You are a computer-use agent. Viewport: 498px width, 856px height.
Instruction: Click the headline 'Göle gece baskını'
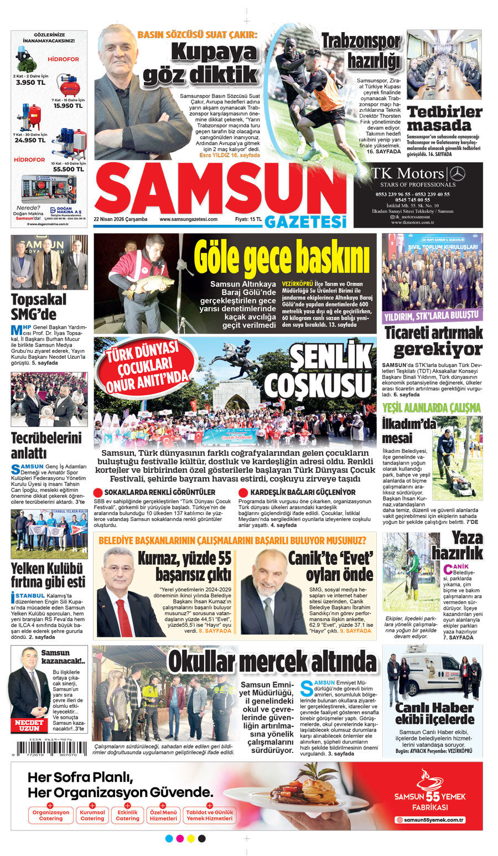282,257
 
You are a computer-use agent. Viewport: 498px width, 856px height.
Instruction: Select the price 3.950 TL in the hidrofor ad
26,82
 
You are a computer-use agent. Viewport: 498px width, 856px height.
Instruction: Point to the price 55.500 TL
69,169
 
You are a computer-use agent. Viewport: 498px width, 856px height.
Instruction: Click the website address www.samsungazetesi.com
188,219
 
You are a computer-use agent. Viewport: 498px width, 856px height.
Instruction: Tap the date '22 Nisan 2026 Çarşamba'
121,219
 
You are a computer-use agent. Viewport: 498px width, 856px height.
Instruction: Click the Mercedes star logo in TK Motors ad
457,173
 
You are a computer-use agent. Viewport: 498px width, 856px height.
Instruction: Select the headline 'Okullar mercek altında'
272,662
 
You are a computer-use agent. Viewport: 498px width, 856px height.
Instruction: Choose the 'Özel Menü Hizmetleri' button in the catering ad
163,815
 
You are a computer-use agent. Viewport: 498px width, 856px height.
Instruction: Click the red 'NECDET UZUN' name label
29,725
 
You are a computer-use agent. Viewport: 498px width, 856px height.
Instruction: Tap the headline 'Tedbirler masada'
444,118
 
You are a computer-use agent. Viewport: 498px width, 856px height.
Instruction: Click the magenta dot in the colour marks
180,838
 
